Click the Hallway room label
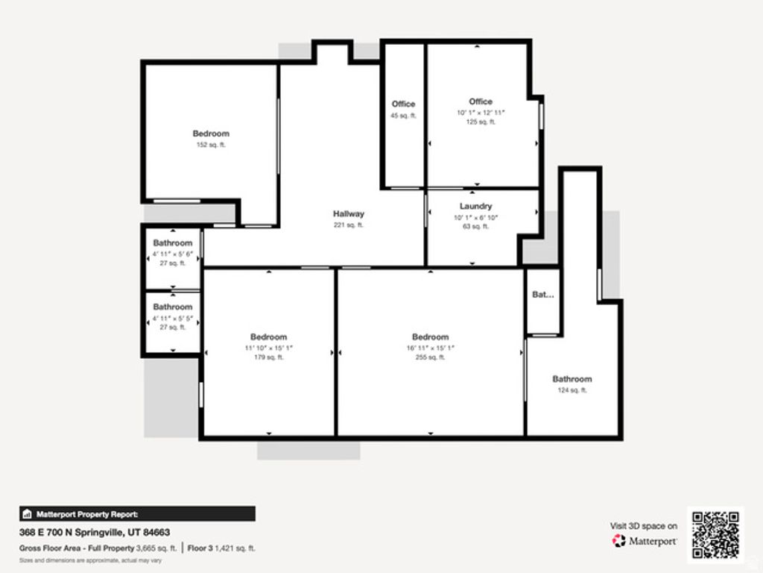348,214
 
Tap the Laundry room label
475,207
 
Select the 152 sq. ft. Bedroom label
211,134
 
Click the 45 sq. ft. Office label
403,104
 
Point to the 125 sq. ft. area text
481,122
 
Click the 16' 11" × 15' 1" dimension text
430,348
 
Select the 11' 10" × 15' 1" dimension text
268,348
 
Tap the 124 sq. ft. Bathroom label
572,380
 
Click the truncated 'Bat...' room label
542,295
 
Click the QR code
715,534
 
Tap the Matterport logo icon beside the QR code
618,541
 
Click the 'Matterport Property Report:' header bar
137,513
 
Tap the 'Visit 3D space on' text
644,526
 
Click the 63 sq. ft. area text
475,227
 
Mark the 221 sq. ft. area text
348,225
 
